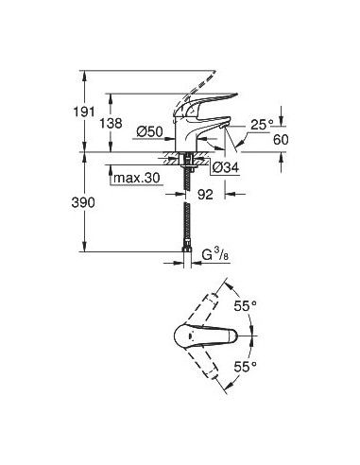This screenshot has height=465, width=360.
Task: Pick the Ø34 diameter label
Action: tap(225, 166)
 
